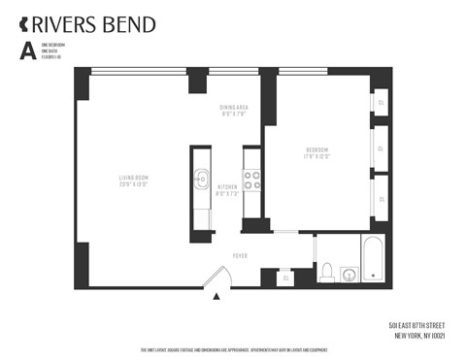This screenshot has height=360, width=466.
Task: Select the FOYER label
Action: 239,255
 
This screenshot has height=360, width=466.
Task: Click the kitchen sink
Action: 202,178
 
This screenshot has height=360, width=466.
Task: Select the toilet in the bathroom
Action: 327,271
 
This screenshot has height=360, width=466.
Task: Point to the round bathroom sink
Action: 348,275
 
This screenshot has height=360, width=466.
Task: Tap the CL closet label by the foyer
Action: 285,278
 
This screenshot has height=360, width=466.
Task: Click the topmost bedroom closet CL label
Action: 381,103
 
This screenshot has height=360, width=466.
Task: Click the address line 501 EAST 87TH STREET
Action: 415,324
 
